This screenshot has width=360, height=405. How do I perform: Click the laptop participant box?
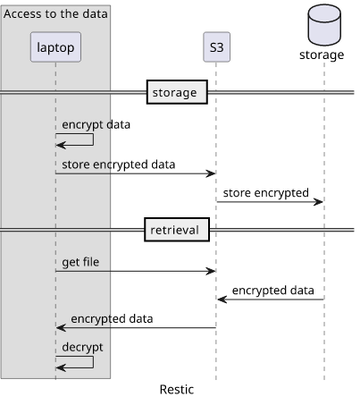point(55,47)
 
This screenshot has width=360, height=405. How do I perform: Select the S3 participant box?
point(216,47)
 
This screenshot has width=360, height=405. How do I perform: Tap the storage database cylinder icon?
point(324,25)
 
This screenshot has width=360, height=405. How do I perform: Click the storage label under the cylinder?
point(322,55)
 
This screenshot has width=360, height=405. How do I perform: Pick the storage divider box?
point(177,92)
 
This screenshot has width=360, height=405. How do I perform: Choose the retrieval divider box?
point(177,230)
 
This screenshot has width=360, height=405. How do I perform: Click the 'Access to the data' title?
point(55,13)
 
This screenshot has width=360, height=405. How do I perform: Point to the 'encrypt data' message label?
point(96,125)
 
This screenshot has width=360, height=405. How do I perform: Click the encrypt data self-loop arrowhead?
point(61,145)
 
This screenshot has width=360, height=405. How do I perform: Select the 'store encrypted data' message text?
point(119,165)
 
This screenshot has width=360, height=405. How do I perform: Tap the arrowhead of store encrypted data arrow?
point(211,173)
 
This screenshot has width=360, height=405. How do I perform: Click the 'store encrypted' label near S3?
point(266,193)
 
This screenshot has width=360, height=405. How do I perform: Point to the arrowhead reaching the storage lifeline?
point(318,202)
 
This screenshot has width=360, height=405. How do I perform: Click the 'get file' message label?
point(80,263)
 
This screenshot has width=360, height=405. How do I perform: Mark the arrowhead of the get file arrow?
point(211,271)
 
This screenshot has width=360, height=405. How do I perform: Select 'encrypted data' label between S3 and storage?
point(273,291)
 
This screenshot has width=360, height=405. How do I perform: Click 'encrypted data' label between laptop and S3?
point(112,319)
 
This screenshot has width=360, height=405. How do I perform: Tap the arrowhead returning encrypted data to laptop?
point(61,328)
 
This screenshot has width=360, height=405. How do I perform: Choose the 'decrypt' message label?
point(82,348)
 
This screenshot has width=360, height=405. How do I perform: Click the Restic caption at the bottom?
point(177,390)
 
